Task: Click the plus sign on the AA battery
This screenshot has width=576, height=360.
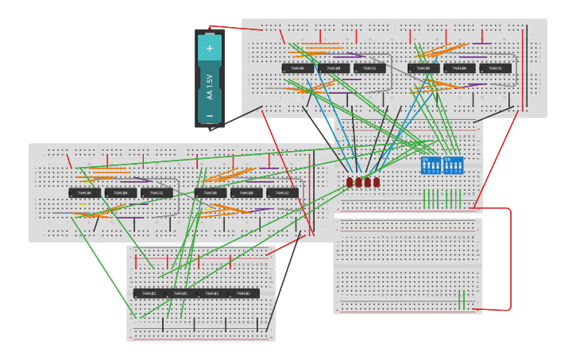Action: click(210, 48)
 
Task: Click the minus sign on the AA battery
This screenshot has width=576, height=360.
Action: click(210, 116)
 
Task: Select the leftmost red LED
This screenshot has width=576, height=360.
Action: click(350, 182)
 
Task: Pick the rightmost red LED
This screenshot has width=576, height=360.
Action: click(377, 182)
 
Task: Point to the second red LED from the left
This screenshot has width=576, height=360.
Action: click(358, 182)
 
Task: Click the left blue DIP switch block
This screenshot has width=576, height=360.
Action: click(431, 165)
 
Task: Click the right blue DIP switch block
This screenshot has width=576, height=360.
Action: click(453, 165)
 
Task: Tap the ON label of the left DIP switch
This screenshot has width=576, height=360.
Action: click(425, 160)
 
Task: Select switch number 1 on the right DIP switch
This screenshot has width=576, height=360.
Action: click(446, 168)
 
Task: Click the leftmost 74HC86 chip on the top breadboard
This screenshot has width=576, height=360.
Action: click(297, 68)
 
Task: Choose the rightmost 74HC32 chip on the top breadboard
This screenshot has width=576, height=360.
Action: click(496, 68)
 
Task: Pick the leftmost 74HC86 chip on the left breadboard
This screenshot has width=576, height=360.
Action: click(84, 192)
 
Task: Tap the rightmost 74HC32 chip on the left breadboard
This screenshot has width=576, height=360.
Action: click(283, 192)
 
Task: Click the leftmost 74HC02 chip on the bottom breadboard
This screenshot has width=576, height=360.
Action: click(149, 293)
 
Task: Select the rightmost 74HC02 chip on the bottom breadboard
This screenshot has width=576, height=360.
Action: click(244, 293)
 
